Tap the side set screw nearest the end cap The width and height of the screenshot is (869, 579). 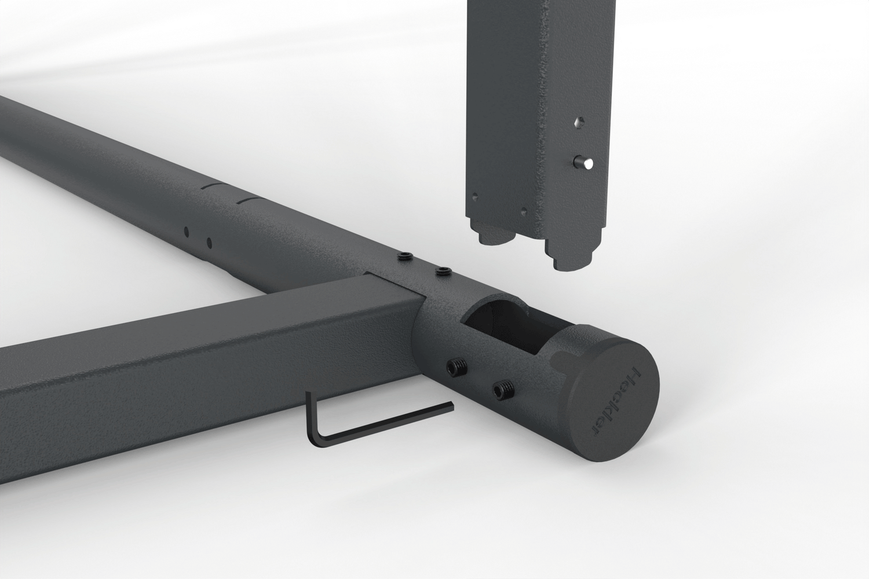point(503,389)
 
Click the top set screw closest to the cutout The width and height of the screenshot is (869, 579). point(443,271)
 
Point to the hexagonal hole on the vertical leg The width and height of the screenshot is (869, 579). point(579,122)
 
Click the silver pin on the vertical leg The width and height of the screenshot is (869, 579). point(584,162)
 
